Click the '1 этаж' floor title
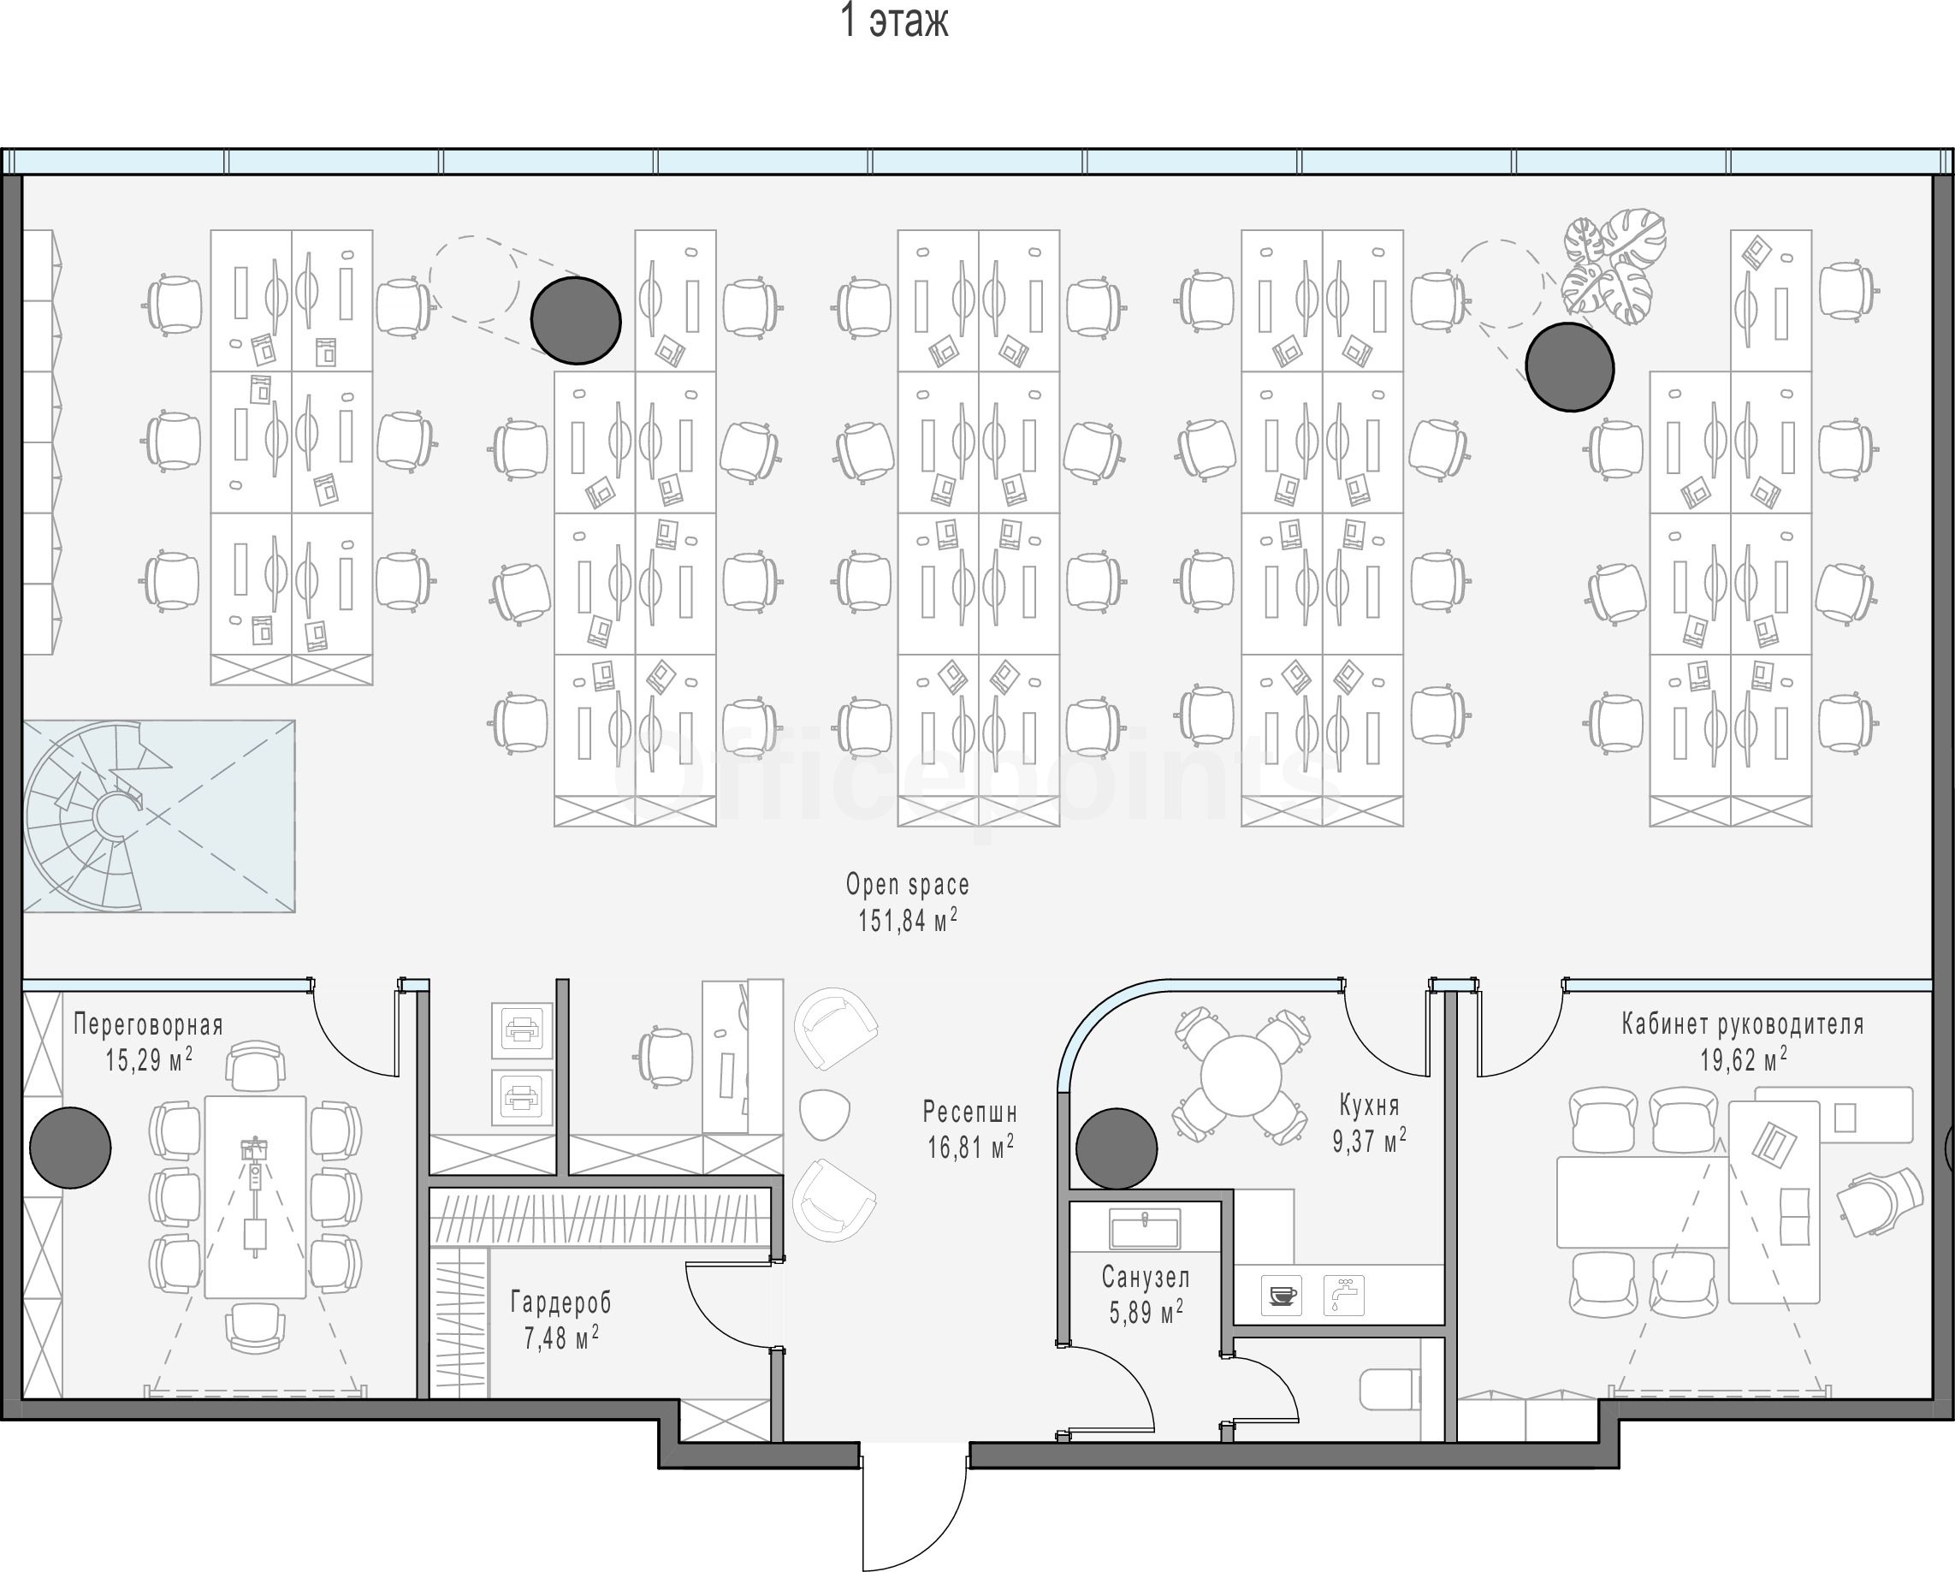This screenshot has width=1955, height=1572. point(894,21)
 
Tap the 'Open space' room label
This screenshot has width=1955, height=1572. point(908,885)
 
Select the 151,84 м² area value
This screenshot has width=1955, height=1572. point(908,921)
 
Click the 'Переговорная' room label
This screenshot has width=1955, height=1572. point(148,1025)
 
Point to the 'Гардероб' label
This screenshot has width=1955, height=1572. point(561,1302)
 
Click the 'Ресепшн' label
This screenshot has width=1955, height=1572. point(970,1112)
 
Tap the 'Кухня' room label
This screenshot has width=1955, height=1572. point(1369,1105)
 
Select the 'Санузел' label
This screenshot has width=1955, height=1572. point(1146,1277)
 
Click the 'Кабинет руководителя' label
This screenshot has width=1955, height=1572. point(1743,1024)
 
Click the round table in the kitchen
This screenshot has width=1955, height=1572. point(1241,1077)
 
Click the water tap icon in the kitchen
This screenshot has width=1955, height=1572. point(1344,1296)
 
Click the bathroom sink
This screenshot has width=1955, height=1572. point(1145,1228)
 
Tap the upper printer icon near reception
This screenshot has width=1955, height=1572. point(522,1030)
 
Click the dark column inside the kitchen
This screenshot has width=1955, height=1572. point(1117,1148)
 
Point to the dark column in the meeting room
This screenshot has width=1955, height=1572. point(71,1148)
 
